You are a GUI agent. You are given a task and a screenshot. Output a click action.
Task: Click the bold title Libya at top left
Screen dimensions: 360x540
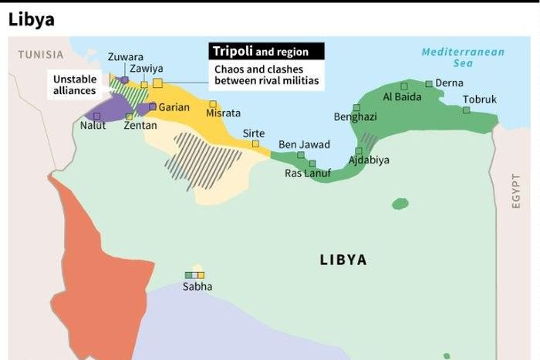tap(32, 20)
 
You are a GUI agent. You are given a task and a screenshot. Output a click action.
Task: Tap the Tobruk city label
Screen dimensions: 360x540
tap(480, 99)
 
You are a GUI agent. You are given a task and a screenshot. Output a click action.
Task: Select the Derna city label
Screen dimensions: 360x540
tap(450, 83)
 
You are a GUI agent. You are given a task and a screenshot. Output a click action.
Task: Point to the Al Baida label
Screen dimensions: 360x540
tap(403, 97)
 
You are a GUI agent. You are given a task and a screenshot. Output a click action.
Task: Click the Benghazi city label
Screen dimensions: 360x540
tap(355, 117)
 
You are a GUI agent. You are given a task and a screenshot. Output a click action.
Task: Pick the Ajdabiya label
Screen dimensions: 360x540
tap(369, 160)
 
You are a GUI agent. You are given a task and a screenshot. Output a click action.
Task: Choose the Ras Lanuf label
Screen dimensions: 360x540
tap(308, 173)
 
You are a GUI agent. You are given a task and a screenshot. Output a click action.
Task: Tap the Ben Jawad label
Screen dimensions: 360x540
tap(304, 145)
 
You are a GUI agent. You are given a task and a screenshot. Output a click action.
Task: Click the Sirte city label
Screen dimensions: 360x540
tap(254, 133)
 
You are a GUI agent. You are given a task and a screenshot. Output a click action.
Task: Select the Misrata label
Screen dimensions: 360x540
tap(224, 113)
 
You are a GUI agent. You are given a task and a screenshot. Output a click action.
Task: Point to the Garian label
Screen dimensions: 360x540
tap(174, 107)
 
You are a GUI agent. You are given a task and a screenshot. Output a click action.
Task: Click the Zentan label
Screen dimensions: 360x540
tap(140, 126)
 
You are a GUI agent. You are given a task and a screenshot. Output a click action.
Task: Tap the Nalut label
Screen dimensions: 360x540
tap(93, 126)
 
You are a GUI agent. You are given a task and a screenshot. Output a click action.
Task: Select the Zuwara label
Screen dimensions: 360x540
tap(125, 57)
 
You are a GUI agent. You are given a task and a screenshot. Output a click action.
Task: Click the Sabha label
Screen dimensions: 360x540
tap(197, 288)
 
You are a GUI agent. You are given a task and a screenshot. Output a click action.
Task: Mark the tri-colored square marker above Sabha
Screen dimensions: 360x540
tap(194, 274)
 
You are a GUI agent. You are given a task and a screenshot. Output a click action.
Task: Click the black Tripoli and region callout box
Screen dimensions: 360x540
tap(266, 52)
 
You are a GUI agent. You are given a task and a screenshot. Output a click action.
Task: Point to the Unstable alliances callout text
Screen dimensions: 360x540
tap(75, 85)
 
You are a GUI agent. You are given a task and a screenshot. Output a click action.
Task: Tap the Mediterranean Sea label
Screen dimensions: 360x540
tap(463, 58)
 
